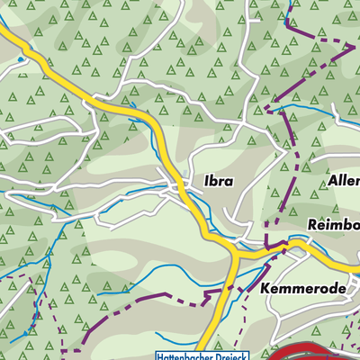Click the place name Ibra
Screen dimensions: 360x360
[x=218, y=181]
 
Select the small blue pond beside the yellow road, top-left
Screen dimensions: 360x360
[x=20, y=59]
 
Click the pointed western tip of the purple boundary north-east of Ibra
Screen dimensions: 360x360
[x=266, y=109]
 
